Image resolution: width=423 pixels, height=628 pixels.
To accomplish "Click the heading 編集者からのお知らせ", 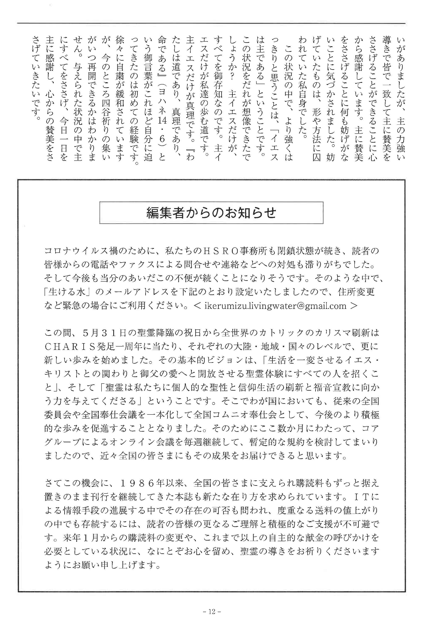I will point(211,213).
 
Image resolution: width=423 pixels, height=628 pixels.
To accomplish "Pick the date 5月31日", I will point(101,333).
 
